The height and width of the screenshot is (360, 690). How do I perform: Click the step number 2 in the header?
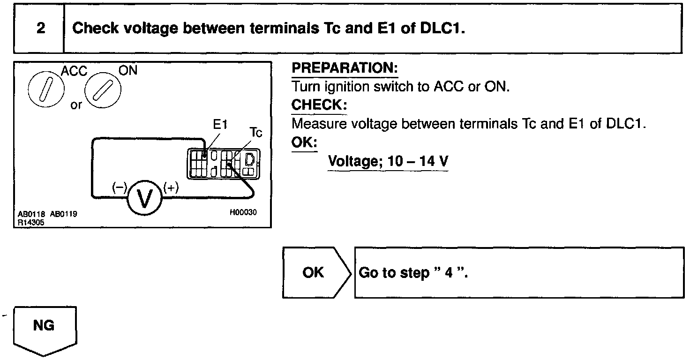pos(41,28)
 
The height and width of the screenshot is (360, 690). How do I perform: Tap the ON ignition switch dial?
pos(103,89)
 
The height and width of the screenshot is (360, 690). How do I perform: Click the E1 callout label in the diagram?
pos(220,125)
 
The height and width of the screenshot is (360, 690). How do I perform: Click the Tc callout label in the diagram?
pos(256,133)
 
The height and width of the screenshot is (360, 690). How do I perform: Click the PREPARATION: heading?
pos(345,68)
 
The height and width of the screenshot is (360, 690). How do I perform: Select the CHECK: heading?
pos(319,105)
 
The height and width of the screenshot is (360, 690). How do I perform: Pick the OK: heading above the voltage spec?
pos(304,142)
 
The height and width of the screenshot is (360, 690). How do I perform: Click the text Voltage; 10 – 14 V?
pos(388,162)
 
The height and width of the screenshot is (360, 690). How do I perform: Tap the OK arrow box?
pos(314,272)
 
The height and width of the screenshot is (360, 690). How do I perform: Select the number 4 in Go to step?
pos(449,273)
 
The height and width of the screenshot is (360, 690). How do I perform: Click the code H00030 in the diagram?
pos(243,212)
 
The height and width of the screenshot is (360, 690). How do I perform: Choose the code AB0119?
pos(63,215)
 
